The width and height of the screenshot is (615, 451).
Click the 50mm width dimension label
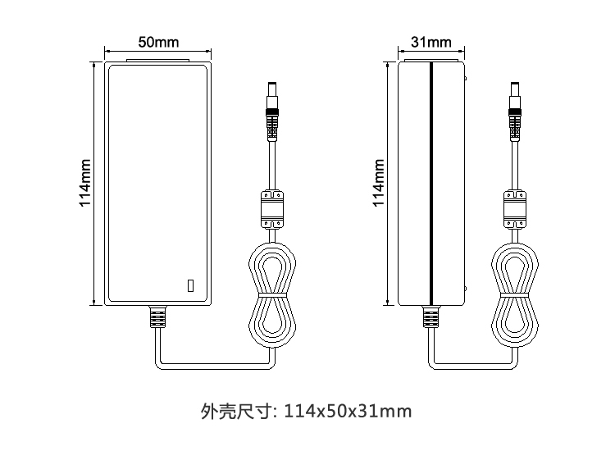point(158,42)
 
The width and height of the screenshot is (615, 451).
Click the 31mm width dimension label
point(431,42)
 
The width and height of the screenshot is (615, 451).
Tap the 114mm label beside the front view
point(85,183)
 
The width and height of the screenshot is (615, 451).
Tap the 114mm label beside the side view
point(379,183)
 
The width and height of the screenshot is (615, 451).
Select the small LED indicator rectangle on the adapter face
point(190,286)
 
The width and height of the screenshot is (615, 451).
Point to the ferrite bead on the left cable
point(272,209)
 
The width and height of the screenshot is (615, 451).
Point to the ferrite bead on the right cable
point(515,209)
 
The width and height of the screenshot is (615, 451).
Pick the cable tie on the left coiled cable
point(272,295)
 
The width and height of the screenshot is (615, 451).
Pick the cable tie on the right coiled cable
point(515,295)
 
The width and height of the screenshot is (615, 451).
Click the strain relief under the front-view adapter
point(157,317)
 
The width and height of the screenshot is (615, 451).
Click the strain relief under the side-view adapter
point(431,317)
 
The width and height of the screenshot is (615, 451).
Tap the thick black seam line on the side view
point(431,184)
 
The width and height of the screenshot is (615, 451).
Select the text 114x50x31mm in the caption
point(348,412)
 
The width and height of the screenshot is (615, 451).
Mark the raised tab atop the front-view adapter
point(157,61)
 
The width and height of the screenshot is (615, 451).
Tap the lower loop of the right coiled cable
point(515,322)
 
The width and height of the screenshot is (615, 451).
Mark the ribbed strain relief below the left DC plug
point(272,125)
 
